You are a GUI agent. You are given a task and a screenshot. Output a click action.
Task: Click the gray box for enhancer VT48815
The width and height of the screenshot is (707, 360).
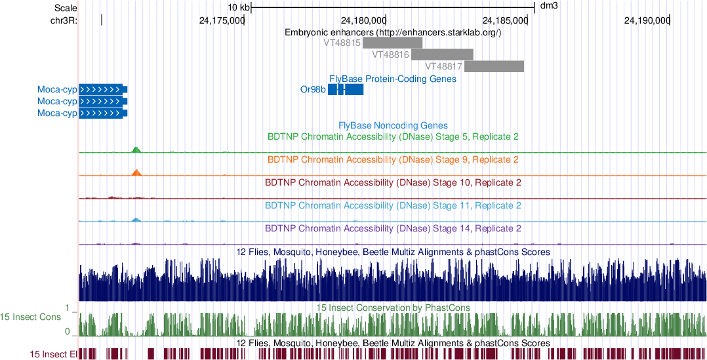[392, 43]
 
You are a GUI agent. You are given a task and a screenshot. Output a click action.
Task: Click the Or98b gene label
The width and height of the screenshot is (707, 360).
[313, 90]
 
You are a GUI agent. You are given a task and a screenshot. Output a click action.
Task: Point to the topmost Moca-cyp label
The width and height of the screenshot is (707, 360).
[57, 89]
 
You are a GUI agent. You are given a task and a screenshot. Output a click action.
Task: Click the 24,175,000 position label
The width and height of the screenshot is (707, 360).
[221, 20]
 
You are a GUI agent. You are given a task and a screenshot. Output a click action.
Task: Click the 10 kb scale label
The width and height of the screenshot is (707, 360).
[239, 7]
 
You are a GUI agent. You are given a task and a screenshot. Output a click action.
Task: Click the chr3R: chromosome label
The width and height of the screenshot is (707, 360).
[64, 20]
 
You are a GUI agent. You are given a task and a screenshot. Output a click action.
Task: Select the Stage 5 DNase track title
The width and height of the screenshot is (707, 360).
[394, 136]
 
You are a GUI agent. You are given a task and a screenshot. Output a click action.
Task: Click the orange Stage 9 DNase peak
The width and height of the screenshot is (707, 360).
[136, 172]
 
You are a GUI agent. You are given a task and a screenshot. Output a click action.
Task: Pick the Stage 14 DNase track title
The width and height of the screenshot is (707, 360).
[394, 228]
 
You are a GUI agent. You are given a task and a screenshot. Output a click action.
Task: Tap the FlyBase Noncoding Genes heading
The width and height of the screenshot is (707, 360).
[393, 125]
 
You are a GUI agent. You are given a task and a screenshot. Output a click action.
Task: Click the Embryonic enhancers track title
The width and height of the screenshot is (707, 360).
[393, 32]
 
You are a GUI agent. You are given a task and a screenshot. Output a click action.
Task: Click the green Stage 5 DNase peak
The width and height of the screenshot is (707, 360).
[136, 150]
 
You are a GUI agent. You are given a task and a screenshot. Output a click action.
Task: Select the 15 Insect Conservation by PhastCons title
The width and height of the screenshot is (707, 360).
[393, 307]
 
